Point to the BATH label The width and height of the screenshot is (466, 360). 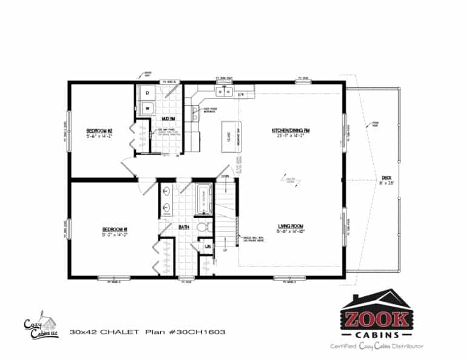[x=184, y=228]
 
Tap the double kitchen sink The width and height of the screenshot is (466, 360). [x=225, y=92]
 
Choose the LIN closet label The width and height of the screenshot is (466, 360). [x=207, y=247]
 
